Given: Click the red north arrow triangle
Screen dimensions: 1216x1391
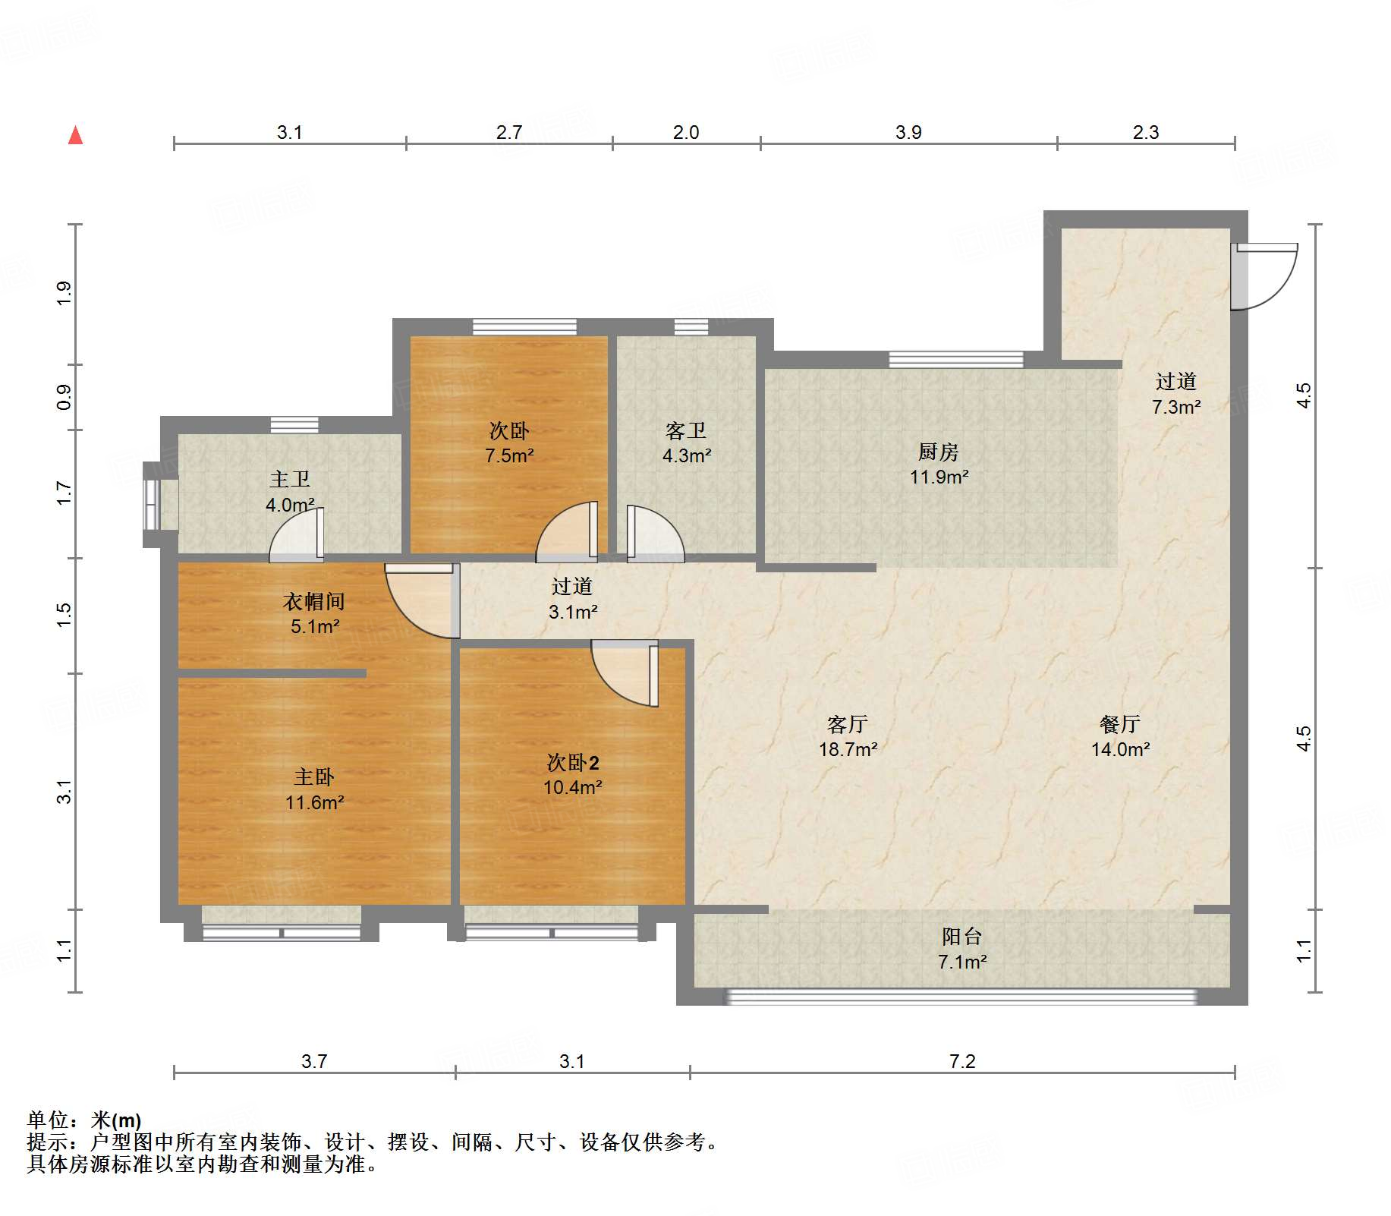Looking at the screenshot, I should point(75,135).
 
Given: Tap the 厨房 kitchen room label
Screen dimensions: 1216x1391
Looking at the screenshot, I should point(938,452).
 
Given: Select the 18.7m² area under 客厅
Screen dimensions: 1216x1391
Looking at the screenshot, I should point(848,749).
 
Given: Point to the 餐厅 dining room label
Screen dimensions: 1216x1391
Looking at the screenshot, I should point(1119,724).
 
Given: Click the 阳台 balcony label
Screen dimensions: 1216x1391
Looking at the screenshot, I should point(961,937).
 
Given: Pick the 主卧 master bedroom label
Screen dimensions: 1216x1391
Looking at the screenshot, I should point(314,777).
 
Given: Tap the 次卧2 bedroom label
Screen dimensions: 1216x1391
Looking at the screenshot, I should point(573,762).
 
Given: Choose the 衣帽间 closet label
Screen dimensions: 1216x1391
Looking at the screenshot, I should point(314,601).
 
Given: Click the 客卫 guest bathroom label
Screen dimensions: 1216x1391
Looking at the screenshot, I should point(685,430).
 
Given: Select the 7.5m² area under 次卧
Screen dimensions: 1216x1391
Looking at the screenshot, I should point(509,455).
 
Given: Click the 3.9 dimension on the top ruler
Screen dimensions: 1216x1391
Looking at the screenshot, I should point(908,132).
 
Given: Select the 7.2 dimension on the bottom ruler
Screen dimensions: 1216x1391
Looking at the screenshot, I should point(961,1060).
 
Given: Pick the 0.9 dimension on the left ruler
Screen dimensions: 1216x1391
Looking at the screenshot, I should point(64,397).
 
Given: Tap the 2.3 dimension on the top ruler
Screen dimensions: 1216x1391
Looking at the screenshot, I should point(1145,132).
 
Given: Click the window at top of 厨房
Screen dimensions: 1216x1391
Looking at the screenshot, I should point(955,359).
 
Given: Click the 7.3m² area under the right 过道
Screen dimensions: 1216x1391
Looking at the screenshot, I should point(1175,407).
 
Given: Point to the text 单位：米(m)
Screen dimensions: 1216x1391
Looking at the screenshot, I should point(84,1120).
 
